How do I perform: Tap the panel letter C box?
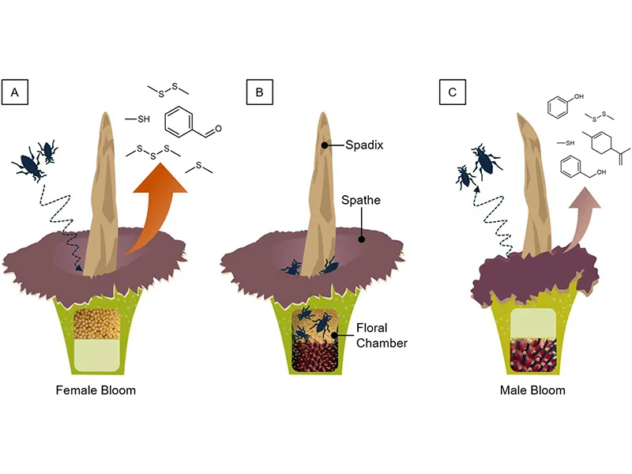(x=452, y=93)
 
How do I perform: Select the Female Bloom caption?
(x=96, y=390)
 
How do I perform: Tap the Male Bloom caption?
(x=532, y=390)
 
